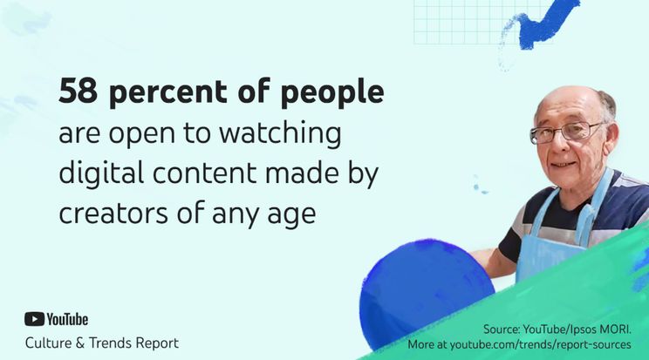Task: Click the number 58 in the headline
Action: tap(79, 91)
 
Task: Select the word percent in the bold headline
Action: tap(168, 92)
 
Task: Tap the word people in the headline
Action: tap(332, 92)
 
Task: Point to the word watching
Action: tap(280, 133)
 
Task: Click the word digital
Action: tap(101, 173)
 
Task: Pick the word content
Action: tap(205, 173)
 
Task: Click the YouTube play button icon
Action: tap(34, 319)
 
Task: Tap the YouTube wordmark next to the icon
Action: tap(67, 319)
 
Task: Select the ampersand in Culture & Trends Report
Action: tap(80, 343)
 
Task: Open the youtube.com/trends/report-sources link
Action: tap(540, 344)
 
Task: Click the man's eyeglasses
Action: tap(567, 132)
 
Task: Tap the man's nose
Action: tap(559, 147)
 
